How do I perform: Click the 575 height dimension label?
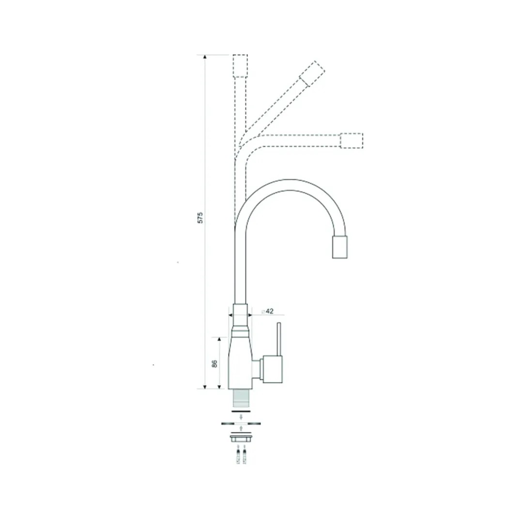[200, 217]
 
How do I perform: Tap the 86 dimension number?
[215, 364]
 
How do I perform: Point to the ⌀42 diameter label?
[267, 311]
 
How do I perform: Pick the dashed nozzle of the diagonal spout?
[312, 74]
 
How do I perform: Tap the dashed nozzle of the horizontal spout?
[351, 140]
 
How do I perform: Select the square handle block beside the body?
[273, 369]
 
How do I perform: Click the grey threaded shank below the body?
[241, 398]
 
